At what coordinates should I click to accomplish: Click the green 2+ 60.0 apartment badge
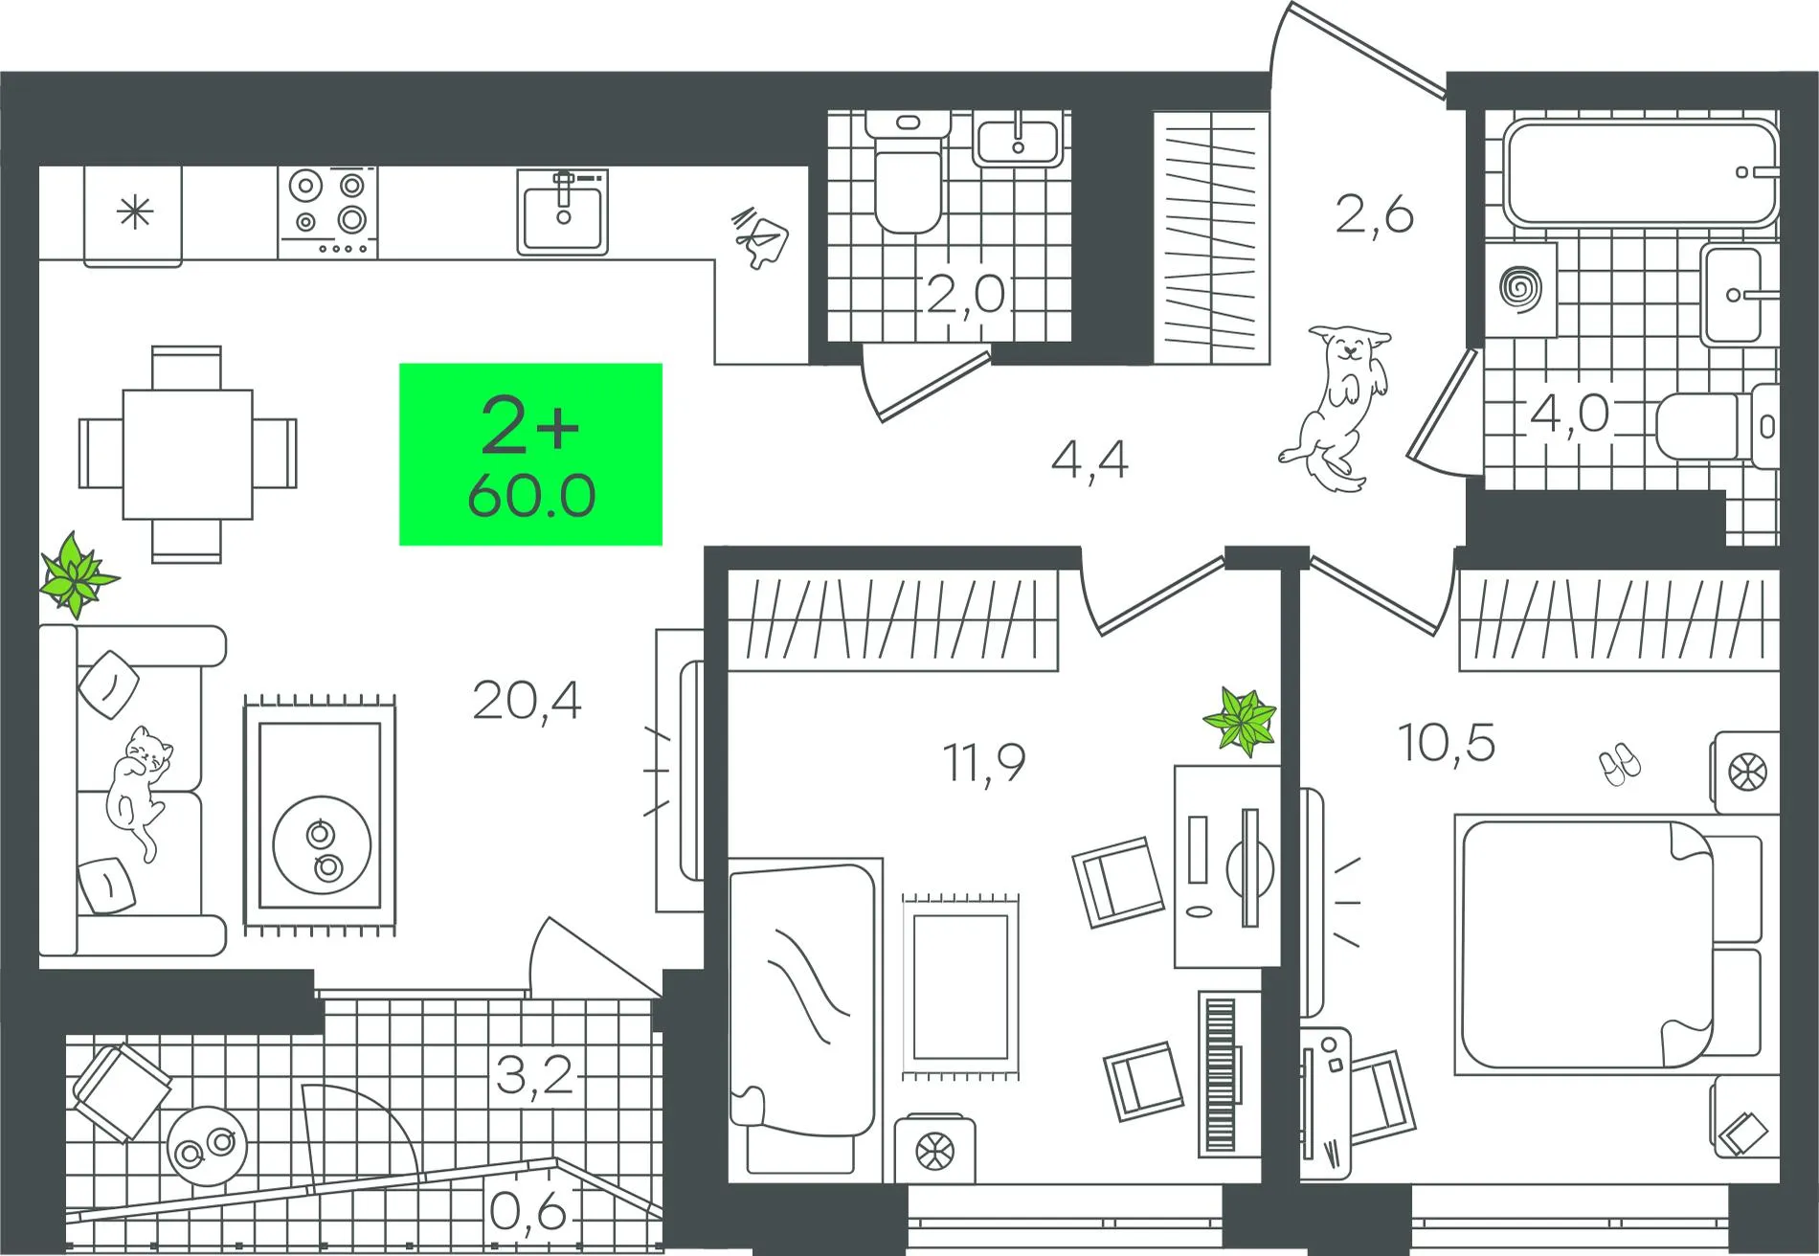click(530, 454)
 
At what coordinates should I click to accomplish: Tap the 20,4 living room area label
click(528, 702)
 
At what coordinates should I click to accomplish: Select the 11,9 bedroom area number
click(984, 763)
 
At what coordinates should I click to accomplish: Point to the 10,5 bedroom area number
click(1447, 742)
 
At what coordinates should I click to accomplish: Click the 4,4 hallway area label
click(1089, 460)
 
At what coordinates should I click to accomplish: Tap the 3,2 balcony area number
click(534, 1075)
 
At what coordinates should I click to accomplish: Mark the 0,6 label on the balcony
click(528, 1212)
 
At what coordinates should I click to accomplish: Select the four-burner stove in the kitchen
click(327, 212)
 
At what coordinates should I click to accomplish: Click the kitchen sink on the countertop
click(563, 212)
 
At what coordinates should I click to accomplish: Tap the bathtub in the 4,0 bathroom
click(1641, 173)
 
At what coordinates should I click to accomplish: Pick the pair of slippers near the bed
click(1619, 764)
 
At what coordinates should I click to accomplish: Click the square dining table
click(188, 454)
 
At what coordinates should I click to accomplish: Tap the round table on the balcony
click(207, 1146)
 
